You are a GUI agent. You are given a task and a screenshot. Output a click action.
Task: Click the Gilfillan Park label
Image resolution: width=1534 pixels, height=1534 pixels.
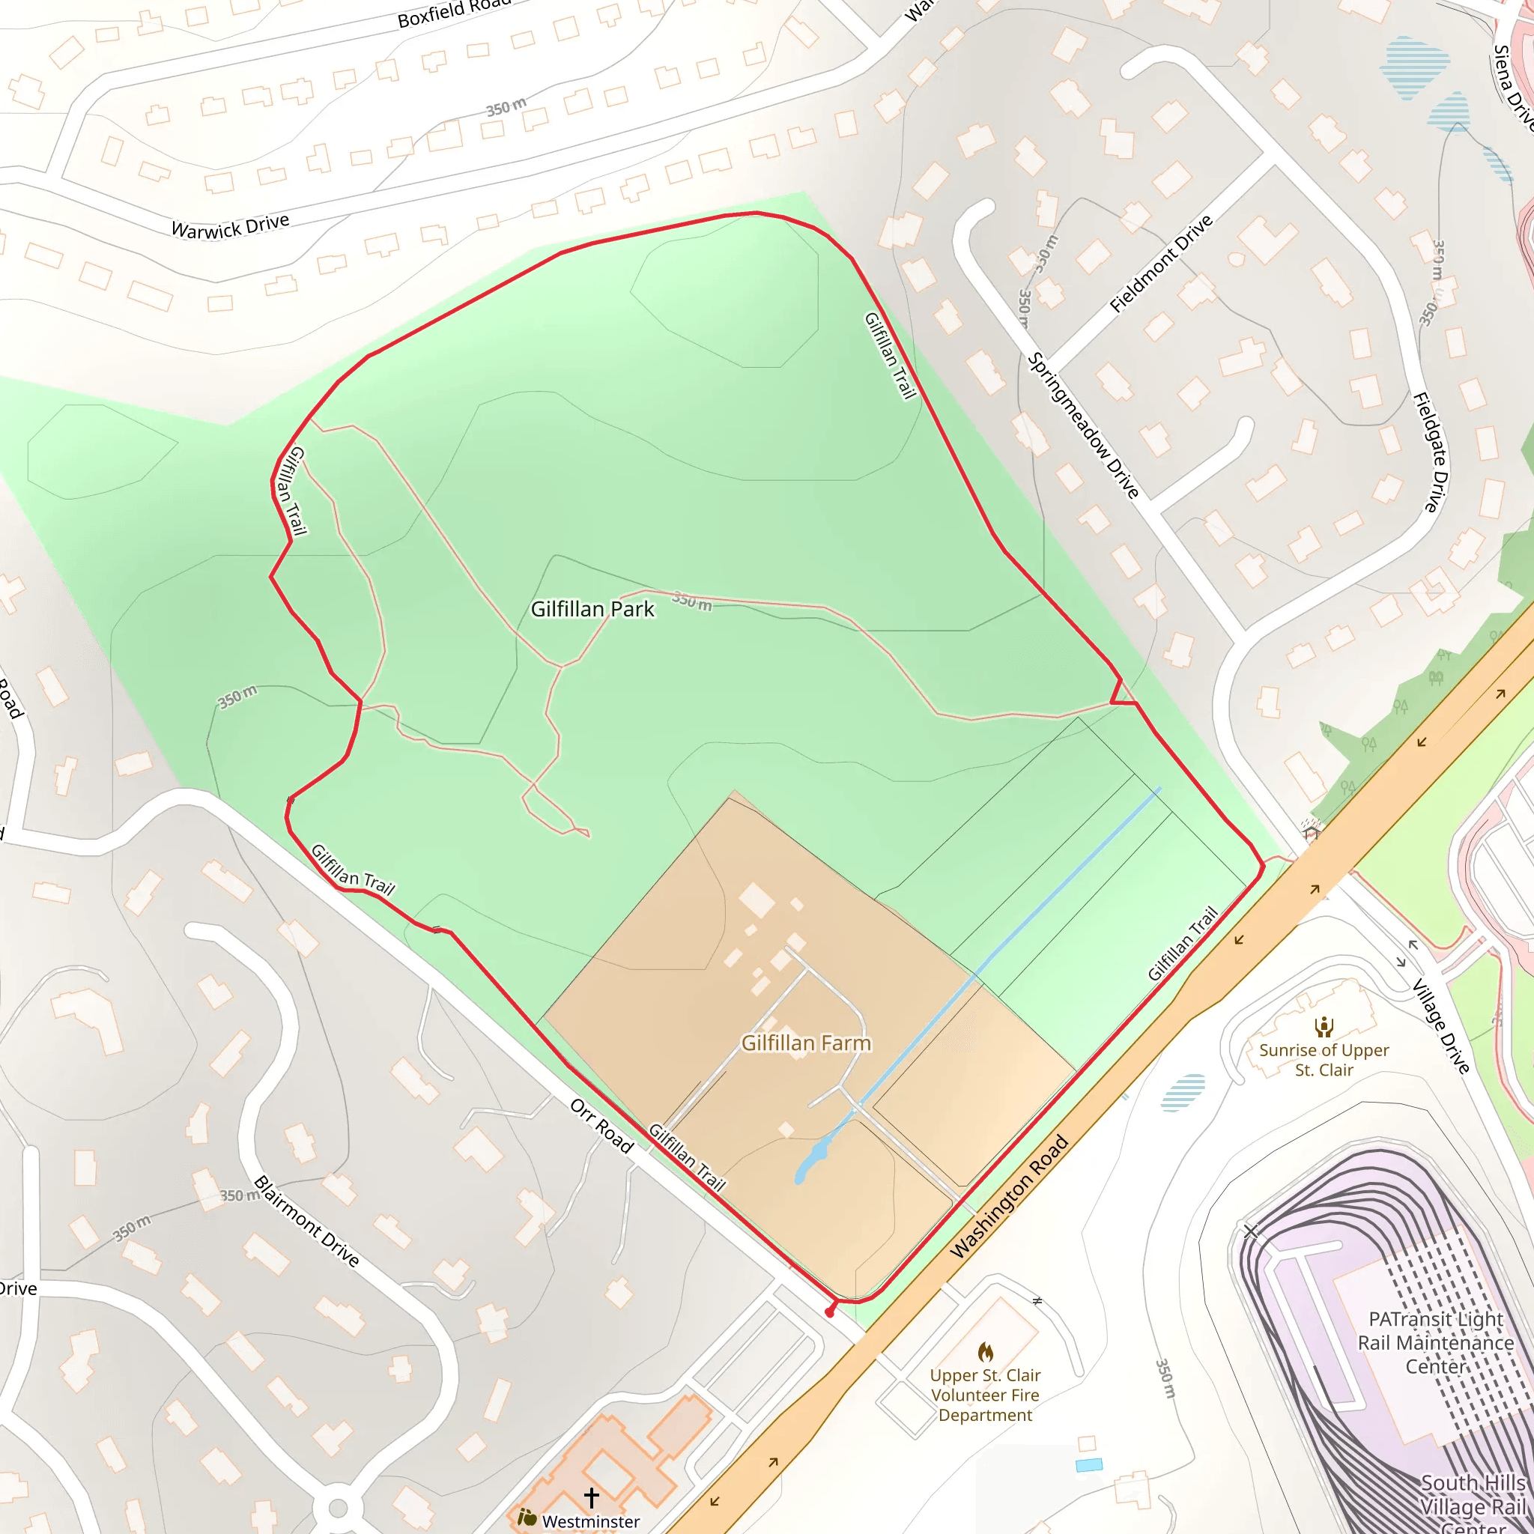coord(592,609)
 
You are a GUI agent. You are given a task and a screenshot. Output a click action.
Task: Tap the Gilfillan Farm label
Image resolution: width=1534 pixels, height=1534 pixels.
coord(806,1043)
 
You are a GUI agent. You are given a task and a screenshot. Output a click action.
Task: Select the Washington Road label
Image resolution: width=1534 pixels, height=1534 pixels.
coord(1009,1198)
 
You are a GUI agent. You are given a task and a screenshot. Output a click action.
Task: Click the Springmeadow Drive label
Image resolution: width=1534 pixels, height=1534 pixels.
coord(1084,425)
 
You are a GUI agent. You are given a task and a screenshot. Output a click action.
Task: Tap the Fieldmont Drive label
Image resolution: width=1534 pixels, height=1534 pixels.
coord(1161,264)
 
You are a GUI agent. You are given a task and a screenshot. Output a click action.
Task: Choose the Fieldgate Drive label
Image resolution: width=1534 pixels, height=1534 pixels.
coord(1431,452)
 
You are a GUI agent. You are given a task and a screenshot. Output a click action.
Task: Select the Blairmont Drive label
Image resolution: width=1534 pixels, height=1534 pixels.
coord(306,1220)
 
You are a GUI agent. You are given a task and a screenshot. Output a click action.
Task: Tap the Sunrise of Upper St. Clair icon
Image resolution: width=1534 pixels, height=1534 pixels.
coord(1324,1027)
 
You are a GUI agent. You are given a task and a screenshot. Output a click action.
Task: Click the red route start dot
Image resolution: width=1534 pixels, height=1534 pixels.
coord(830,1312)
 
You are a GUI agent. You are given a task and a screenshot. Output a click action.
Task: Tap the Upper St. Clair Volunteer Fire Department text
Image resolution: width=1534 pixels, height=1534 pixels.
coord(986,1394)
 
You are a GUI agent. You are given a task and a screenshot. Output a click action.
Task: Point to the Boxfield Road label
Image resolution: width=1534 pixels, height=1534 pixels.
coord(454,11)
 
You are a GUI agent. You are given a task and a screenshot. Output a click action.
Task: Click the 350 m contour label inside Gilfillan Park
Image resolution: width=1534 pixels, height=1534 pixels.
coord(691,601)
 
